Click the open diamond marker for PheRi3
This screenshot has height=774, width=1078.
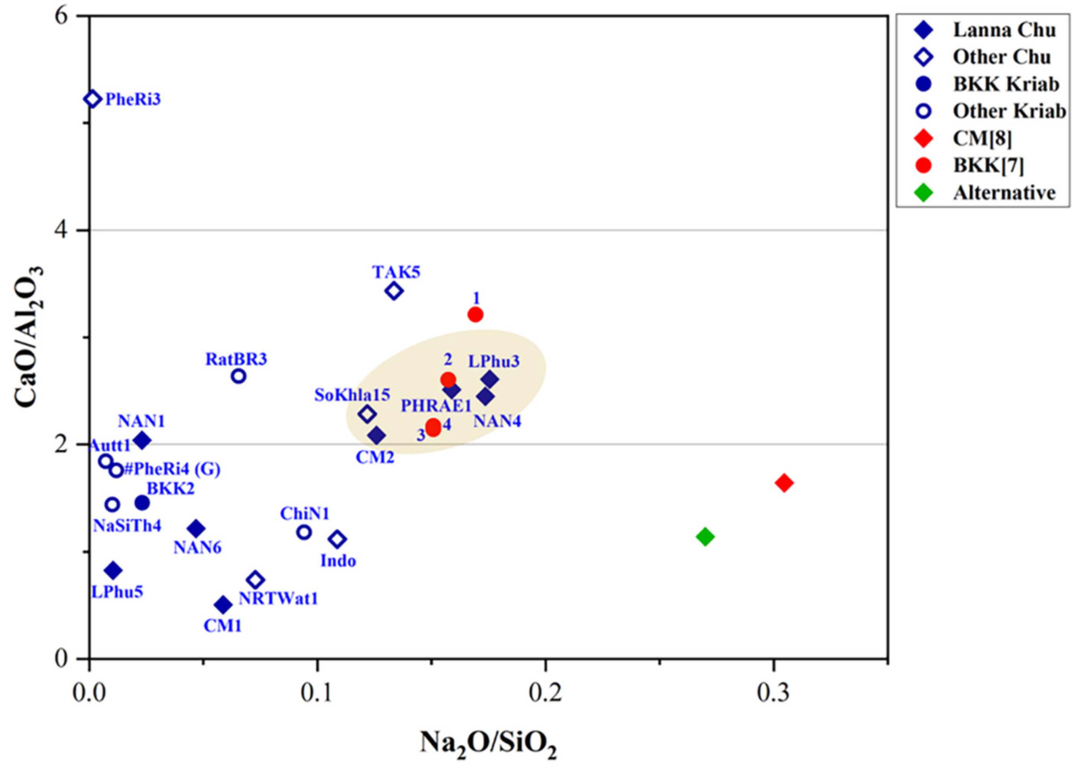[x=92, y=99]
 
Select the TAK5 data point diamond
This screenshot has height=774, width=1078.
[x=394, y=291]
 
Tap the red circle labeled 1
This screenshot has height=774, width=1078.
[x=475, y=314]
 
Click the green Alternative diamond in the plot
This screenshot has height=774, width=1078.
[x=705, y=536]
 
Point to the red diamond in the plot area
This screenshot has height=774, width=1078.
[x=784, y=483]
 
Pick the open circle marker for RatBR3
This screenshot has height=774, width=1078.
[x=239, y=376]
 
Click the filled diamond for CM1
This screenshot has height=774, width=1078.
[x=223, y=604]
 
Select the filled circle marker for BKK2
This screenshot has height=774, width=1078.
[x=142, y=502]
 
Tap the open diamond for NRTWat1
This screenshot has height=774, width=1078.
[x=255, y=580]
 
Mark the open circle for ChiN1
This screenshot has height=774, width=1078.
[x=304, y=532]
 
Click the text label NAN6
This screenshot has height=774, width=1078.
[x=197, y=548]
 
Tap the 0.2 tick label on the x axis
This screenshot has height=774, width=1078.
[x=545, y=693]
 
